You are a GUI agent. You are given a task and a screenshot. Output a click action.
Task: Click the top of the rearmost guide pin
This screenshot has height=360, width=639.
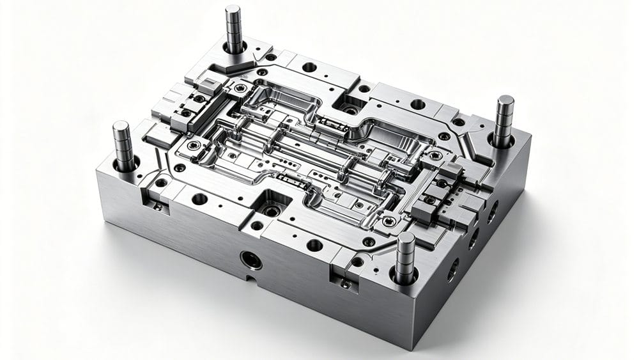click(x=233, y=10)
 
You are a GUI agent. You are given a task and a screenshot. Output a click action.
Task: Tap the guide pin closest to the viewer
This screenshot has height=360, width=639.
click(x=404, y=256)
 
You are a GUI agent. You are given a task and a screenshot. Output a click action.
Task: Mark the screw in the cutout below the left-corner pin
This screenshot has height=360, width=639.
click(x=157, y=206)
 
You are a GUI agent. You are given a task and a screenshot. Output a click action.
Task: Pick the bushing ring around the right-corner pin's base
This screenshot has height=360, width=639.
click(x=502, y=140)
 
